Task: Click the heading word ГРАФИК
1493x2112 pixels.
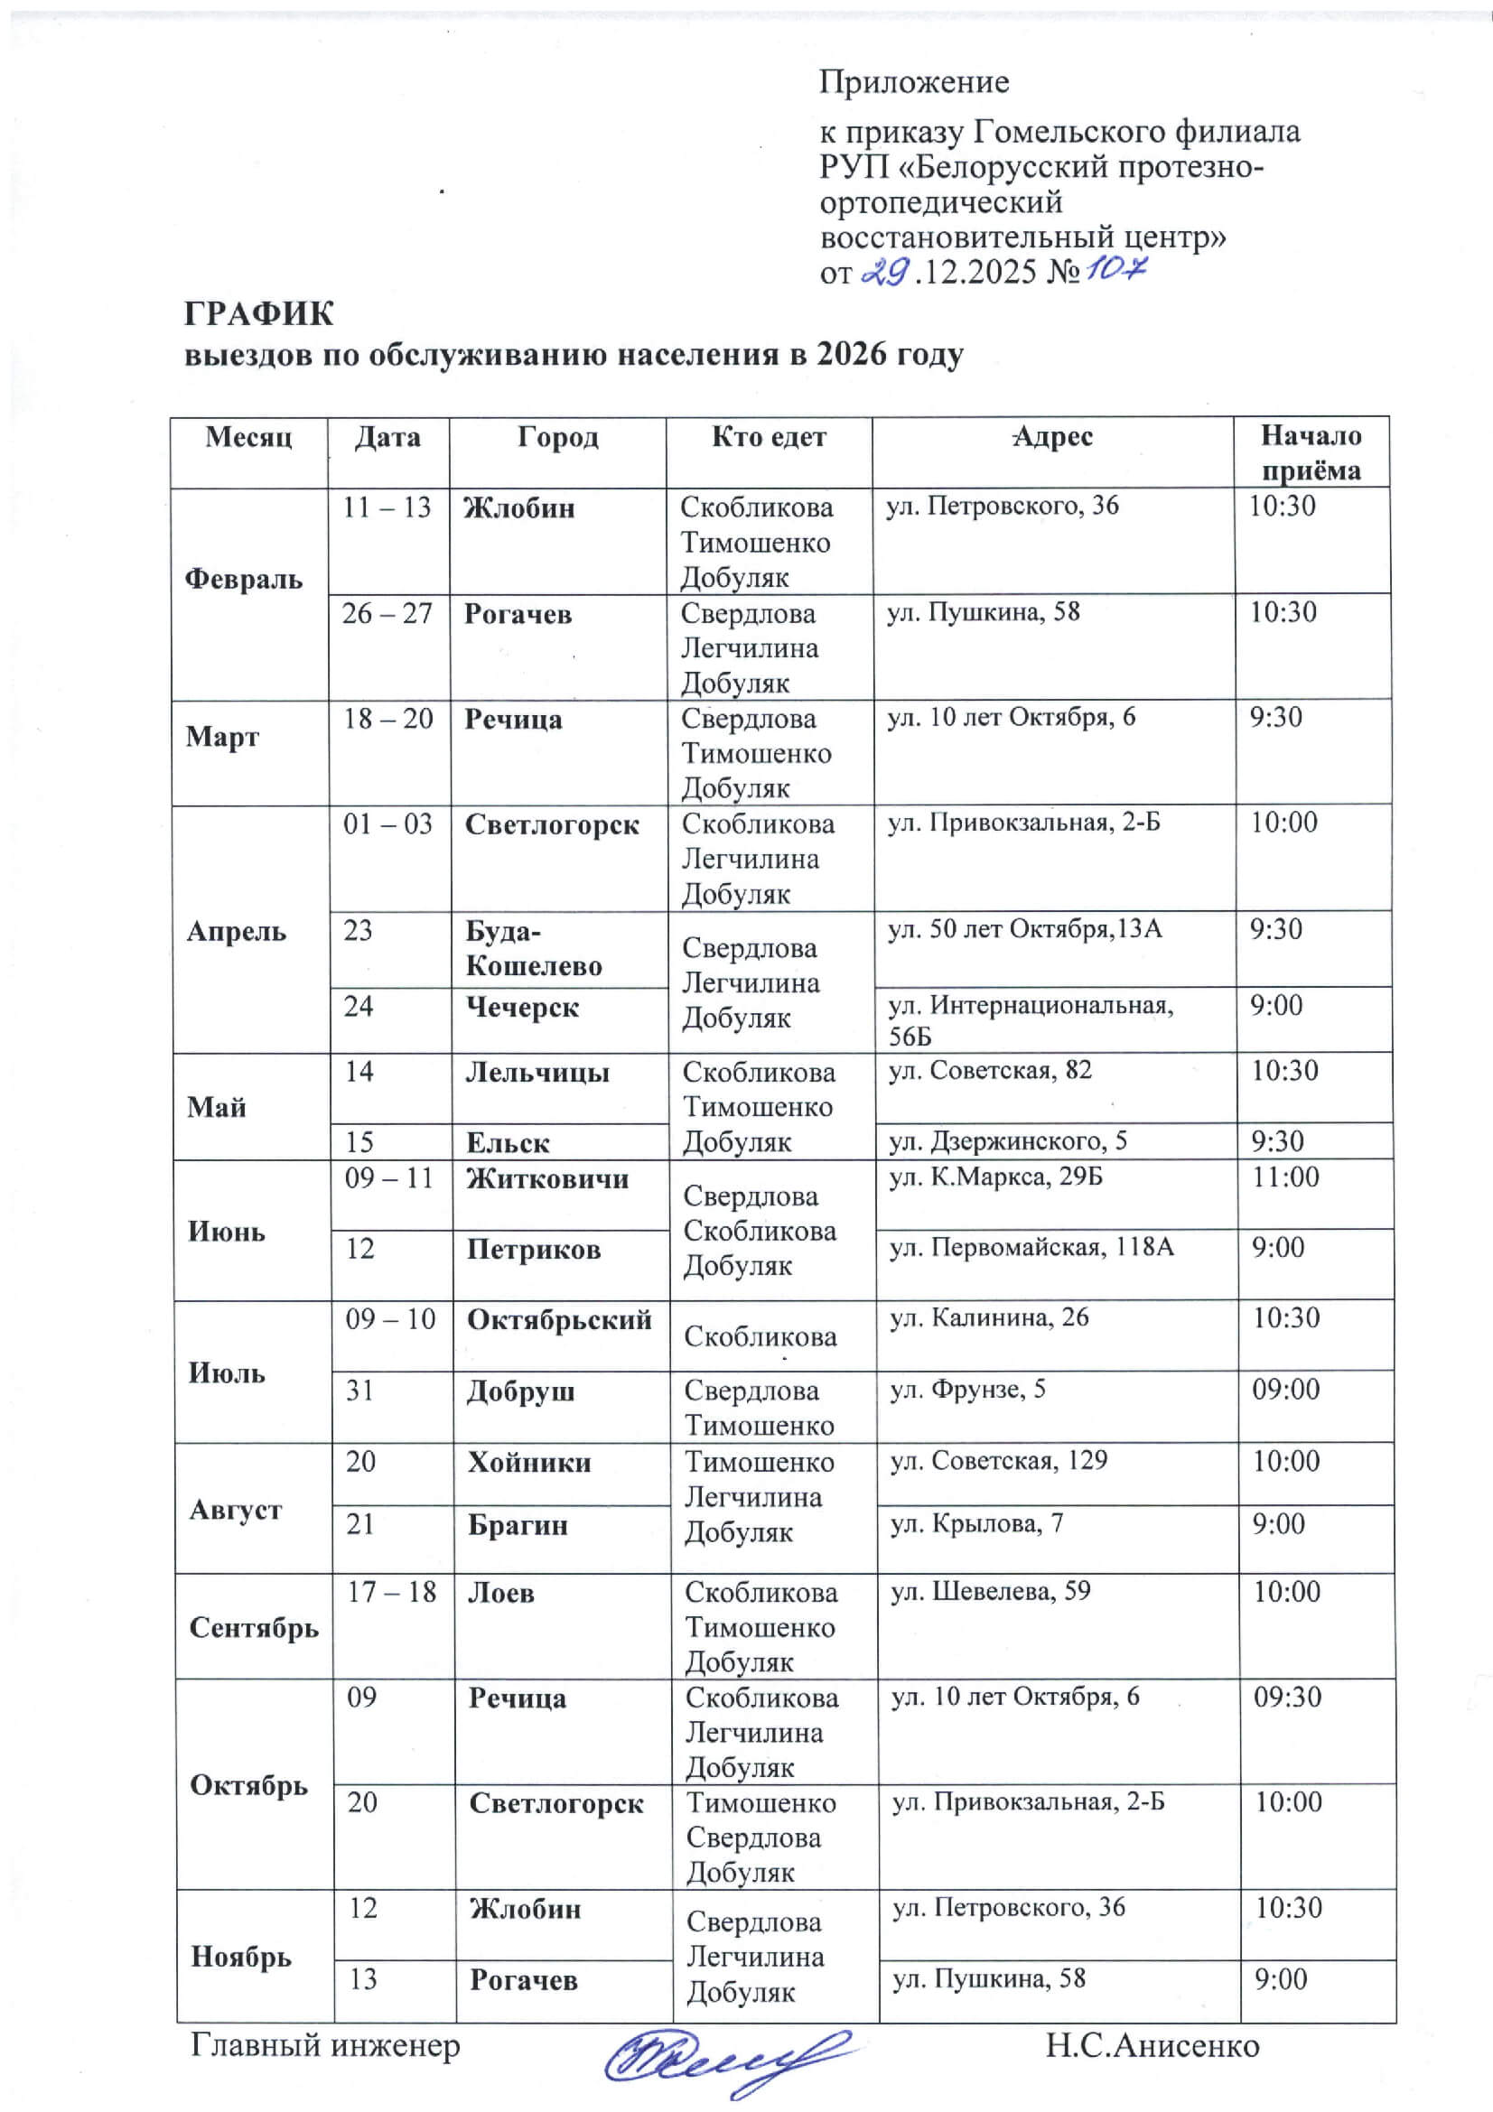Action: click(259, 314)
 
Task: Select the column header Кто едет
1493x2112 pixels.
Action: click(769, 437)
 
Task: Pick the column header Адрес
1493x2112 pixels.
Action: click(1052, 437)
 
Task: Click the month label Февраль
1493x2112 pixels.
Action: click(244, 579)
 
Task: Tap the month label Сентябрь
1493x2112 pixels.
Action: click(254, 1627)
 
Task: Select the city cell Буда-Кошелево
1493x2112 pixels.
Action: click(534, 948)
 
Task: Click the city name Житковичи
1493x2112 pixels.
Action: click(547, 1178)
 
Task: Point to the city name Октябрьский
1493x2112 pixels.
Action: click(559, 1320)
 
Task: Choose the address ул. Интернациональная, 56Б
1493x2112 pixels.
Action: click(1031, 1019)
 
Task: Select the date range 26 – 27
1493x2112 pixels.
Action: click(387, 612)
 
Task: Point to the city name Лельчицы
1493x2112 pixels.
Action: click(538, 1073)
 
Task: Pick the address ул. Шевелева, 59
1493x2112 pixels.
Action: click(991, 1591)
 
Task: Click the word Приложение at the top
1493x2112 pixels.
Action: click(914, 83)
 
